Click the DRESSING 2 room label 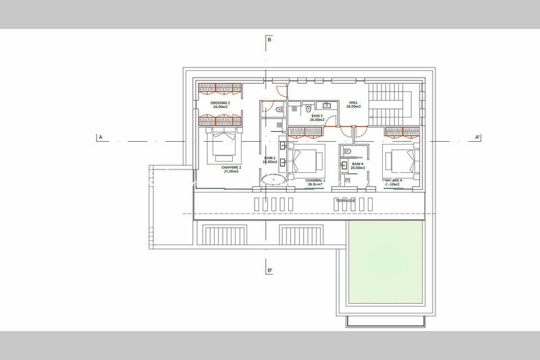pos(219,104)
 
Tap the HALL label pos(353,104)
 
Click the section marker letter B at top pos(269,41)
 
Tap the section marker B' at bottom pos(269,272)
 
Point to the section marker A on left pos(100,137)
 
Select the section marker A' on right pos(477,137)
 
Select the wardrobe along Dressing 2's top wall pos(219,87)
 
